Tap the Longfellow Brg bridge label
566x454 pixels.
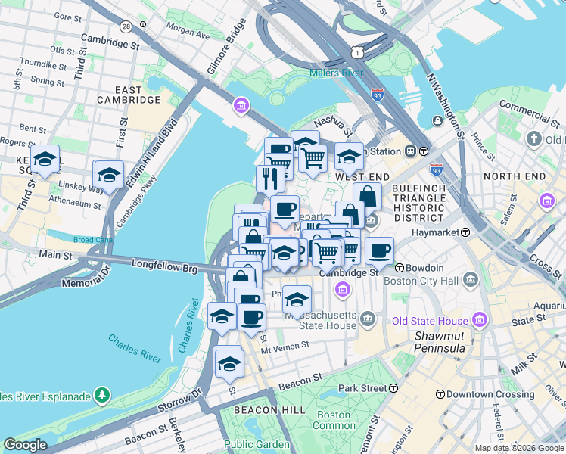point(164,266)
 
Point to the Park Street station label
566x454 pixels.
point(362,388)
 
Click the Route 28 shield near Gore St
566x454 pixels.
point(126,26)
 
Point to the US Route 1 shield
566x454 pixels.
point(356,51)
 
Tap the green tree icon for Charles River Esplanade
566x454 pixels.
point(101,395)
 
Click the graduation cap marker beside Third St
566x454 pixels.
point(45,160)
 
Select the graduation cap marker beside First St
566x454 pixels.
point(109,176)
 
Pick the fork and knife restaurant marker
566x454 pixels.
point(270,179)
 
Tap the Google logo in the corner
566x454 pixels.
point(26,446)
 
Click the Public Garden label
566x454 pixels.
point(257,444)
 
